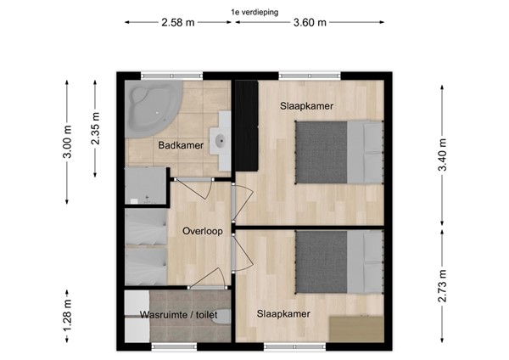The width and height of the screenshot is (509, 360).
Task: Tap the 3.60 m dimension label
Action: (x=310, y=23)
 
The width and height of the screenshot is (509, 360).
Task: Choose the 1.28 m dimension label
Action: (x=69, y=318)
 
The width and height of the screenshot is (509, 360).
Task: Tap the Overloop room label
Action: (x=203, y=230)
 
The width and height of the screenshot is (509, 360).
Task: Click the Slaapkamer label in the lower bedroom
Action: (x=283, y=313)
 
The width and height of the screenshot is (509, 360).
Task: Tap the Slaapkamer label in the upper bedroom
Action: (x=306, y=106)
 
